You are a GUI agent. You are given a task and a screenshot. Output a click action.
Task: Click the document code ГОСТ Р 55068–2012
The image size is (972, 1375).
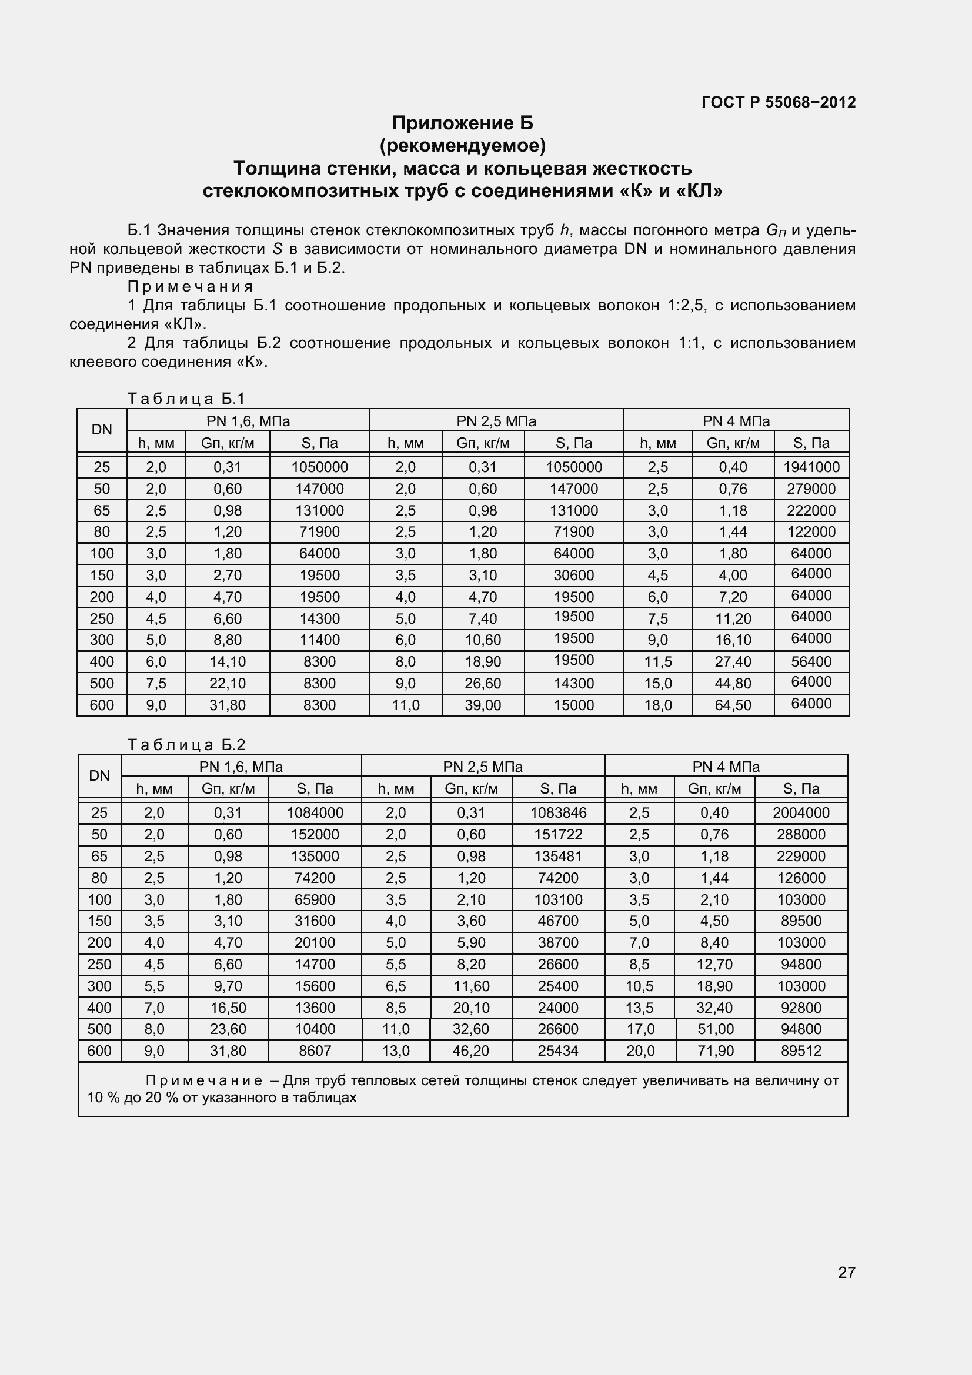(778, 102)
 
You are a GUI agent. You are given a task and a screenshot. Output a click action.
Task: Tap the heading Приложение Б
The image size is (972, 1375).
(462, 123)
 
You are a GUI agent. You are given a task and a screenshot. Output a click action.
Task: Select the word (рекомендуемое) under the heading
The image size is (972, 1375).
(462, 146)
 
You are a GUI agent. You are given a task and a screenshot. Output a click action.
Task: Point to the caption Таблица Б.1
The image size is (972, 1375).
(186, 399)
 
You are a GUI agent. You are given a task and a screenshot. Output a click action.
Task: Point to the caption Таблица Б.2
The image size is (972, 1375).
(186, 745)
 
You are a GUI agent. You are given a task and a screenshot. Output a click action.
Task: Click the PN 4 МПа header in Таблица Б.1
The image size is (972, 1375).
(736, 421)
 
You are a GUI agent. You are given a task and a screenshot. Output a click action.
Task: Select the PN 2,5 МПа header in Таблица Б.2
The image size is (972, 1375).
(483, 767)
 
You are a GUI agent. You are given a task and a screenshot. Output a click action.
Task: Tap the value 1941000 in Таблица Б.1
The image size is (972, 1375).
(811, 467)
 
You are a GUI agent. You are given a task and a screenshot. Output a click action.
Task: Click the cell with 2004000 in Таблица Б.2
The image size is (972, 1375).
(801, 812)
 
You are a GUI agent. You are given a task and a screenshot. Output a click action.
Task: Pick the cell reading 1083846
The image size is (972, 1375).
(558, 812)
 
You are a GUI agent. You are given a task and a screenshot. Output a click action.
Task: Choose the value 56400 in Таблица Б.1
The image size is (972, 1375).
(811, 662)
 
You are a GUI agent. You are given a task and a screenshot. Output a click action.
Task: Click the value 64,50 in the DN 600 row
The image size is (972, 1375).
(733, 705)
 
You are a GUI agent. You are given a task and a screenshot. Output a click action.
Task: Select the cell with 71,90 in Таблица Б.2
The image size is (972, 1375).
(715, 1051)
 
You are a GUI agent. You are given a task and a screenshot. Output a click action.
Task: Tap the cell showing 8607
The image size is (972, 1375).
(315, 1051)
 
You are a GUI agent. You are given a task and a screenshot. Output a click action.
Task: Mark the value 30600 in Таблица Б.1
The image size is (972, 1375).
(573, 576)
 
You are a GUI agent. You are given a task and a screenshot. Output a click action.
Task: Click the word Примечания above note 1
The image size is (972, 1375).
(191, 286)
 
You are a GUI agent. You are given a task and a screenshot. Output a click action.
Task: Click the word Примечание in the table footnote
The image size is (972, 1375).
(203, 1081)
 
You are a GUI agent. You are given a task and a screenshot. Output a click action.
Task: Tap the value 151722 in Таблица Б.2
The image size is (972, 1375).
(558, 834)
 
